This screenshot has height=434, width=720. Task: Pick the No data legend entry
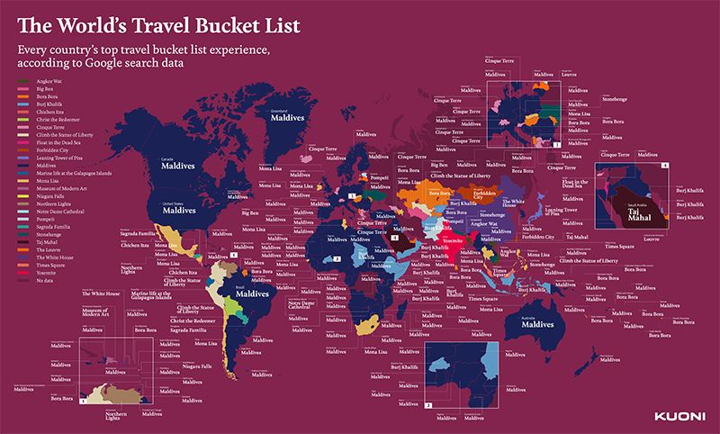click(x=42, y=281)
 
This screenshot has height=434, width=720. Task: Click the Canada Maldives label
click(x=178, y=165)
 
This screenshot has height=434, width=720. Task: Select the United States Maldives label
click(x=179, y=210)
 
